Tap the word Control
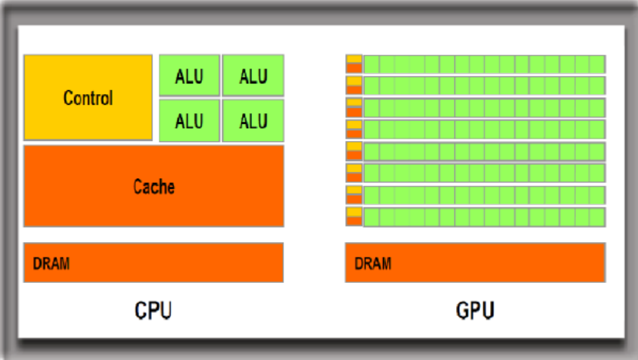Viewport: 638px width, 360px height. tap(88, 99)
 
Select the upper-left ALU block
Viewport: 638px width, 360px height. tap(189, 76)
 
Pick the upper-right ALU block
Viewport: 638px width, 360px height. tap(253, 76)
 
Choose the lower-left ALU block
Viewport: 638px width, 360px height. tap(189, 121)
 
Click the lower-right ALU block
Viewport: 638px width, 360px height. tap(253, 121)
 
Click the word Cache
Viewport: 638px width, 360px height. tap(153, 187)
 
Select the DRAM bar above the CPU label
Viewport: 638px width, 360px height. tap(153, 263)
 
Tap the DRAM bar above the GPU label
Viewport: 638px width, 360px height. tap(475, 263)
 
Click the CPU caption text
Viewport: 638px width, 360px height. tap(153, 311)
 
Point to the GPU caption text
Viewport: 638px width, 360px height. tap(475, 311)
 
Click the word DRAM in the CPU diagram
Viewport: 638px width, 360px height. tap(51, 264)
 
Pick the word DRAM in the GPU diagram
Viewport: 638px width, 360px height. tap(372, 264)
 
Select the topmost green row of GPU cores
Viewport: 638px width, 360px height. tap(484, 64)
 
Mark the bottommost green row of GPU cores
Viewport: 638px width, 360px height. tap(484, 217)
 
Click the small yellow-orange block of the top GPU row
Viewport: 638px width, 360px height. tap(354, 64)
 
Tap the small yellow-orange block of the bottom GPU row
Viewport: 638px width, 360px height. tap(354, 217)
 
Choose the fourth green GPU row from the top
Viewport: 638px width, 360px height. tap(484, 129)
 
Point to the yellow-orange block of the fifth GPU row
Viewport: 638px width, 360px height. tap(354, 150)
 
